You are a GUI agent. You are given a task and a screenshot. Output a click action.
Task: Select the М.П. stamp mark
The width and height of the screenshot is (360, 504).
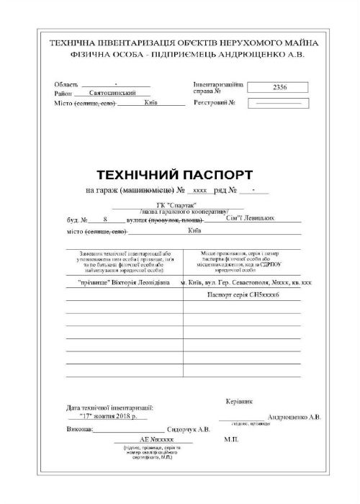coord(231,438)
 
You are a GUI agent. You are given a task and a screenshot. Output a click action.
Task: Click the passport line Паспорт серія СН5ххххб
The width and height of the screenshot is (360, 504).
coord(253,295)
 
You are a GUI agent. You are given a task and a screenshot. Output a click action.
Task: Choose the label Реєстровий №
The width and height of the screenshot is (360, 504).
coord(215,103)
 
